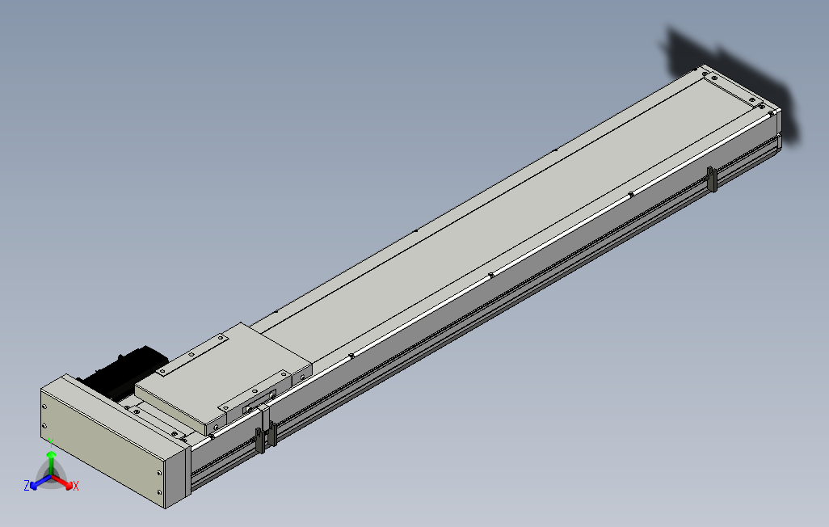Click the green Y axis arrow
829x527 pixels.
coord(51,459)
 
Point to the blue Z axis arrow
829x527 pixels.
coord(35,483)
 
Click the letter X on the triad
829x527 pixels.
coord(76,486)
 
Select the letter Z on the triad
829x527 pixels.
coord(27,485)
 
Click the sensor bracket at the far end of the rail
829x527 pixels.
coord(712,179)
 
